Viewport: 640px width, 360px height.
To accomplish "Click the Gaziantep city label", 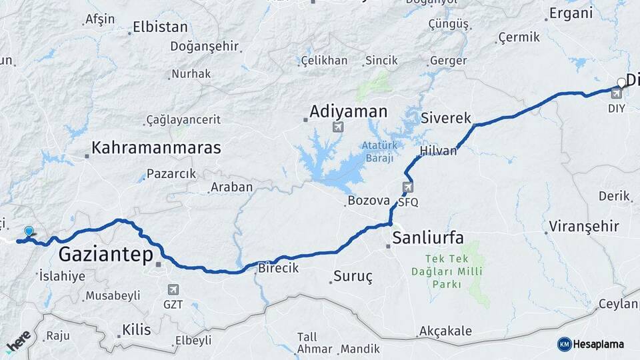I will (106, 254).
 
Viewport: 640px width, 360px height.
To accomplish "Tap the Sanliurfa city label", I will (427, 237).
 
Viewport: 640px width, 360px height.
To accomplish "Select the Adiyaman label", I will (348, 111).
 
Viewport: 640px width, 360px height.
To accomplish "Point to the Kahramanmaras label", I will (156, 148).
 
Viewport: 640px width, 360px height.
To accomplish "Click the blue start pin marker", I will (29, 231).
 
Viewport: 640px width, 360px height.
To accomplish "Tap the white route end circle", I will (621, 83).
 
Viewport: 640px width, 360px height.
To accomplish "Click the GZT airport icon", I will (173, 290).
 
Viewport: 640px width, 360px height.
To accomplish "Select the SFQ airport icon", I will (408, 187).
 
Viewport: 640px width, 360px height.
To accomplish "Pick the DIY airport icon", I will (617, 93).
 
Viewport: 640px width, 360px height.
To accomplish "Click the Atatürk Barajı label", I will (379, 151).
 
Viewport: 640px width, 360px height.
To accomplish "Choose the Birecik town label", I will (278, 267).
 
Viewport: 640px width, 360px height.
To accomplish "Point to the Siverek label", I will (446, 118).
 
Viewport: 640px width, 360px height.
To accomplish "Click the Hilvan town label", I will (439, 151).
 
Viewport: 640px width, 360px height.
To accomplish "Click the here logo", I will (18, 341).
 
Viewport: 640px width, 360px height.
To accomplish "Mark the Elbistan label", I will (160, 27).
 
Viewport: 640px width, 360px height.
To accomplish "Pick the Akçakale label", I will (445, 331).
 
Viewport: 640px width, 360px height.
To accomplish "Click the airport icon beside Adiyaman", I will (338, 127).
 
